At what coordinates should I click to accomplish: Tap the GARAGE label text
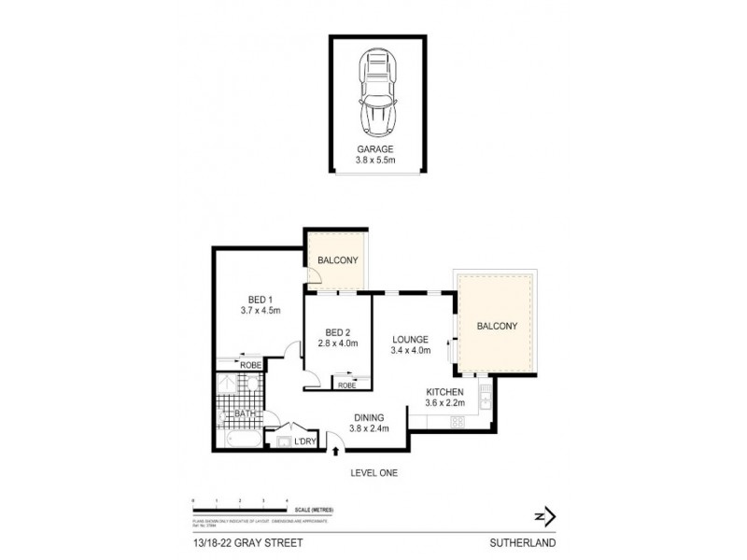377,149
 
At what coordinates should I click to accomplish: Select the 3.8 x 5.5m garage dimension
377,161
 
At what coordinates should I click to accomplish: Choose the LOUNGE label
410,339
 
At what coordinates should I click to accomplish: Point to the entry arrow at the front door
336,453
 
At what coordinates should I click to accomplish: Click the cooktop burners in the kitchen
458,422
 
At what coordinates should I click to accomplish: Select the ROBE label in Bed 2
346,385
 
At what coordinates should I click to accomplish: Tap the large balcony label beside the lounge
497,326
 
